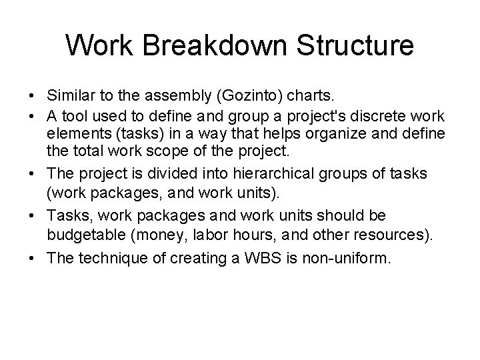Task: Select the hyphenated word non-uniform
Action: coord(354,255)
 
